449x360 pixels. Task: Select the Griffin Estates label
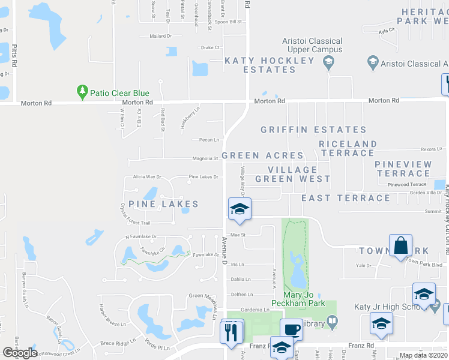(x=313, y=130)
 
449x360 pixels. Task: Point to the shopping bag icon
(x=400, y=245)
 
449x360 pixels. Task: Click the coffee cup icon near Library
(x=292, y=329)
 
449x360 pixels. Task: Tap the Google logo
(x=20, y=353)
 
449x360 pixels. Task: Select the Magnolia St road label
(x=205, y=159)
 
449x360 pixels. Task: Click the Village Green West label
(x=292, y=174)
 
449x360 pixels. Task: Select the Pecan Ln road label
(x=209, y=140)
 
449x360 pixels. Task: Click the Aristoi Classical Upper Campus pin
(x=328, y=61)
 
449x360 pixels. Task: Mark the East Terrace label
(x=346, y=198)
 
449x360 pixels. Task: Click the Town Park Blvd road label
(x=425, y=264)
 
